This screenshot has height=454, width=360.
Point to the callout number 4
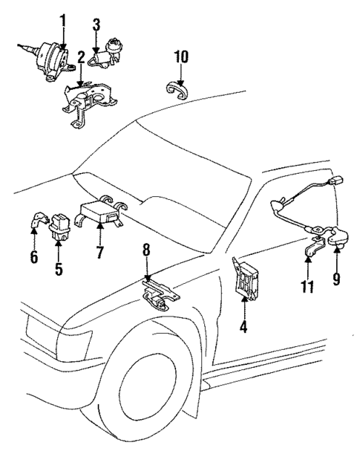[x=242, y=325]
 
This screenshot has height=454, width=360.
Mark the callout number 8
[x=147, y=252]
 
